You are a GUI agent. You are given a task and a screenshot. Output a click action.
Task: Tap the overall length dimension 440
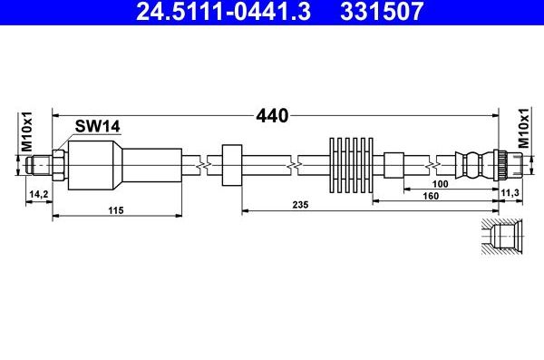coord(271,116)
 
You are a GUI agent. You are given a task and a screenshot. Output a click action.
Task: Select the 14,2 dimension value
coord(38,194)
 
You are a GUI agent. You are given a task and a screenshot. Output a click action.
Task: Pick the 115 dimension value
coord(114,210)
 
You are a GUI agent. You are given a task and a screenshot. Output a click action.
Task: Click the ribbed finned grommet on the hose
coord(351,165)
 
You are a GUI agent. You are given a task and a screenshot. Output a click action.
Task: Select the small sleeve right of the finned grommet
coord(393,165)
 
